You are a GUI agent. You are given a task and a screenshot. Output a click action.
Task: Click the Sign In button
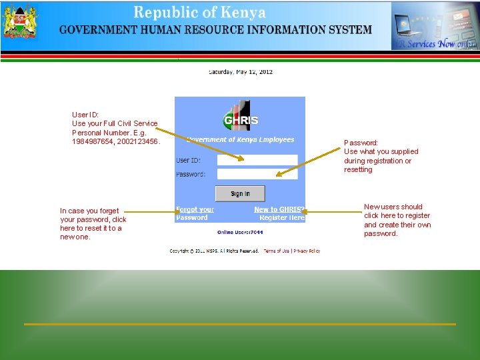(240, 193)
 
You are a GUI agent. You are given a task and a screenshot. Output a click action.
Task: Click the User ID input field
(257, 160)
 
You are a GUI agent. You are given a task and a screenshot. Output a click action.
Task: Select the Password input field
(257, 174)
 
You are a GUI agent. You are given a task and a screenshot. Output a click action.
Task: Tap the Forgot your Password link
(195, 213)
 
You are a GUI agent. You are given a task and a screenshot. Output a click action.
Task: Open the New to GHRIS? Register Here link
(279, 213)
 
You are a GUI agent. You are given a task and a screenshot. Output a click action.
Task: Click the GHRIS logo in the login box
(240, 119)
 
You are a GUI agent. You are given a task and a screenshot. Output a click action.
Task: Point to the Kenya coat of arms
(20, 25)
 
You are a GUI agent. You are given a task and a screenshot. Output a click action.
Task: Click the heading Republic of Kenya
(199, 13)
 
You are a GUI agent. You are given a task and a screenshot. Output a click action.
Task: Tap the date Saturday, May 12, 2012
(241, 72)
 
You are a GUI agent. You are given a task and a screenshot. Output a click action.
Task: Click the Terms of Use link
(277, 251)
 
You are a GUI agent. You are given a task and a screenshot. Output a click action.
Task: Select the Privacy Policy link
(307, 251)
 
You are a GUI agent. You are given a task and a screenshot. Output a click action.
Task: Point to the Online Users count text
(240, 232)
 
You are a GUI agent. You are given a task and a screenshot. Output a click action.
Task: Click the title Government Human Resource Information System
(215, 30)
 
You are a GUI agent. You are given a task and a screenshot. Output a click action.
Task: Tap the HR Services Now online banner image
(433, 25)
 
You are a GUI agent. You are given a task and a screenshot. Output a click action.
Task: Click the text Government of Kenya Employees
(241, 140)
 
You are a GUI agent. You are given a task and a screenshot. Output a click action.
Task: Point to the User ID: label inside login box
(188, 160)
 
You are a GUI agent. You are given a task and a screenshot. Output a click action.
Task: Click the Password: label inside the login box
(191, 174)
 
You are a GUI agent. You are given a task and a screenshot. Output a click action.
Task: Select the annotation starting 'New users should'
(397, 220)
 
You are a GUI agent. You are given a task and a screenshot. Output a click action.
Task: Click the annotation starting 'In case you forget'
(93, 223)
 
